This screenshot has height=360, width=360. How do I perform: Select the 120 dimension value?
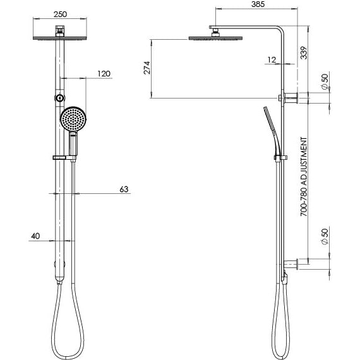104,74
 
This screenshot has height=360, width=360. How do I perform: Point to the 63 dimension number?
124,188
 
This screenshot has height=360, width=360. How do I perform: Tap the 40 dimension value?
35,237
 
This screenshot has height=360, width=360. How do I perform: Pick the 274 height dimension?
147,69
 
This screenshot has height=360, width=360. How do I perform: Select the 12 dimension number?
271,60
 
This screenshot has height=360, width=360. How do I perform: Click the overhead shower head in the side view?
215,39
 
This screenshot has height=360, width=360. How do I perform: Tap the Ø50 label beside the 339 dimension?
324,81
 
